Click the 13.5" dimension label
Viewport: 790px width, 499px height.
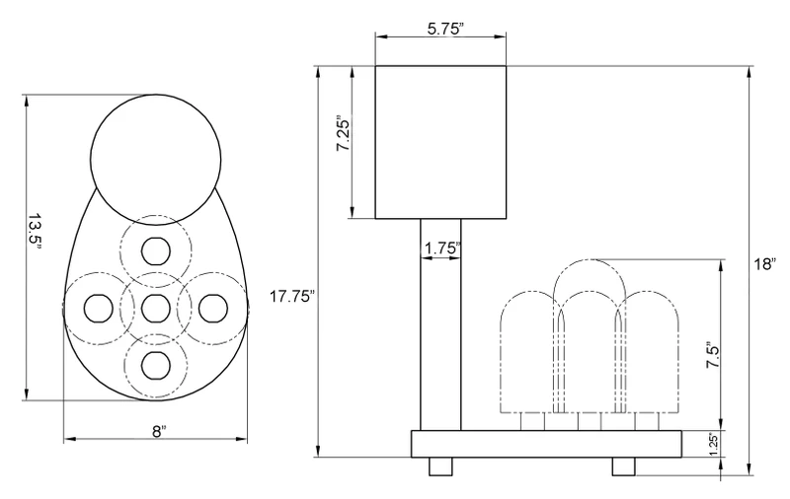[35, 230]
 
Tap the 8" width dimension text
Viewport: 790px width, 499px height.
[159, 431]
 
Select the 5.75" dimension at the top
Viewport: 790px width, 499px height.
[445, 29]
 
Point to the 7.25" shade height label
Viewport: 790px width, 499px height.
[343, 135]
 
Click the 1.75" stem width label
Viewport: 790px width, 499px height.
[442, 249]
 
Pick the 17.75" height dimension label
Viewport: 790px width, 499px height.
[291, 296]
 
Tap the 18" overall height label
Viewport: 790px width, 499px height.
[765, 264]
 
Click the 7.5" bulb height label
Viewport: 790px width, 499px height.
[712, 356]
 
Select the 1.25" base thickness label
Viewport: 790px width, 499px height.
[713, 445]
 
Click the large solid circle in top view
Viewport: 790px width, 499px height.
[156, 159]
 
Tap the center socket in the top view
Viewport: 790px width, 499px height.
[156, 309]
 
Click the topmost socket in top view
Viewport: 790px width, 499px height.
[156, 250]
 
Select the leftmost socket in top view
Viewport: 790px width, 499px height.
[98, 309]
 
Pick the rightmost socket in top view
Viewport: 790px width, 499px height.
[213, 309]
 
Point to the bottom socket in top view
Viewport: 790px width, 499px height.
[156, 366]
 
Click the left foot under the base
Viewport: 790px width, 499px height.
[440, 466]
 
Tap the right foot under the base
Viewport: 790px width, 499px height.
[624, 466]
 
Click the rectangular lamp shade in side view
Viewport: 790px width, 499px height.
[440, 142]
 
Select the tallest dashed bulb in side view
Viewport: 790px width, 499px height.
[590, 335]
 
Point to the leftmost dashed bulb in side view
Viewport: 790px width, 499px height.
[532, 352]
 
